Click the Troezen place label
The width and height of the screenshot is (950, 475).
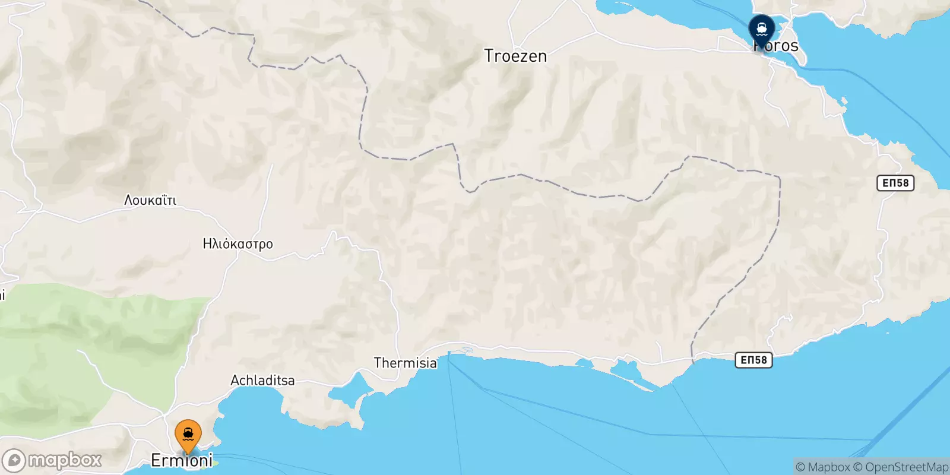[515, 56]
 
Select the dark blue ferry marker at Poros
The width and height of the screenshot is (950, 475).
[761, 28]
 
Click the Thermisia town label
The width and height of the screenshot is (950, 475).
[405, 363]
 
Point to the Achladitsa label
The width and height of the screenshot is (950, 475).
[262, 380]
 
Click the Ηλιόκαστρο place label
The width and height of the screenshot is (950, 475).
[237, 243]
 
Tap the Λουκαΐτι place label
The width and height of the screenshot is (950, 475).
[150, 200]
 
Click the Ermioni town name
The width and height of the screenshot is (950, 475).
[182, 461]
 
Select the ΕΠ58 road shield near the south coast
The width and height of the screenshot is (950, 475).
[753, 360]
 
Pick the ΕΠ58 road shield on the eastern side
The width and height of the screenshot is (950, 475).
[895, 183]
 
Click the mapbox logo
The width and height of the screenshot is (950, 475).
[52, 460]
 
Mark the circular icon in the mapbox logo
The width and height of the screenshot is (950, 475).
[14, 460]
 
